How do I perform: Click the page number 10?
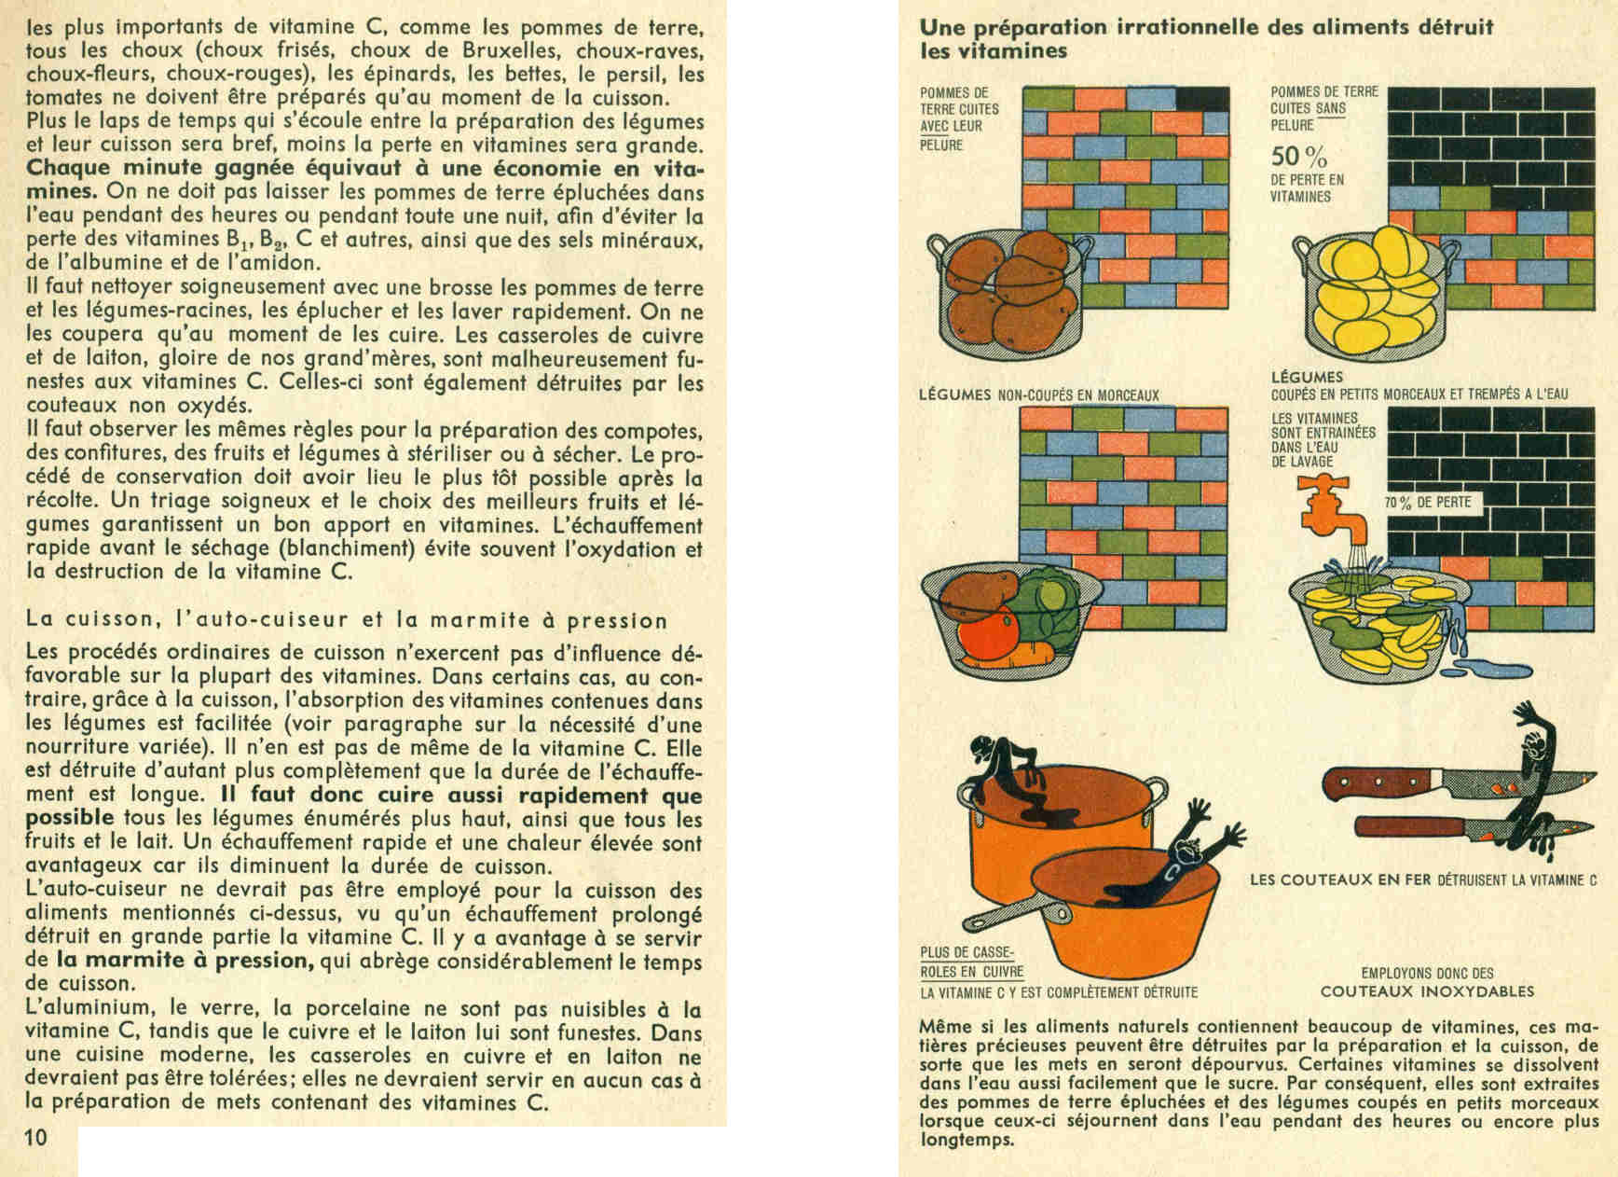click(36, 1136)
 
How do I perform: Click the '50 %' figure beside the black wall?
click(1298, 156)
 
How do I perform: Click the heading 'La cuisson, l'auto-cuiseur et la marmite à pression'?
click(347, 620)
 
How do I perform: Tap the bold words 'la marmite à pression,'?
click(183, 961)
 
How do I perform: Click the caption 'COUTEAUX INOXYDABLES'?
click(1427, 991)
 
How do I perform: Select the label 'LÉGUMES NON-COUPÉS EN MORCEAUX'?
click(1038, 395)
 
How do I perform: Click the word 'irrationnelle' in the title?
click(1175, 27)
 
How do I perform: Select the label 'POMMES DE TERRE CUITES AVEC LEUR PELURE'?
click(956, 118)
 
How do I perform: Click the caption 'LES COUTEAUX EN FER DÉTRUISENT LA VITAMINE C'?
click(1423, 879)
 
